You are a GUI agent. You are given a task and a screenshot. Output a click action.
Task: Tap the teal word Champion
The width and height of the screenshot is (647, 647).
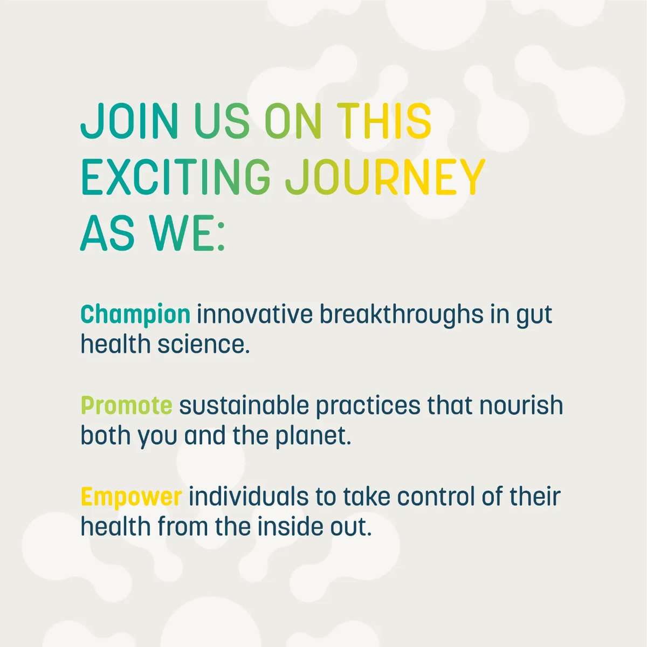(135, 314)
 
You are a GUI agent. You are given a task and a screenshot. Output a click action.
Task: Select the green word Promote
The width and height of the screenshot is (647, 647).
(127, 405)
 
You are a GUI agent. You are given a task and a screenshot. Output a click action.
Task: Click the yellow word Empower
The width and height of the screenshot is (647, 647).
(131, 497)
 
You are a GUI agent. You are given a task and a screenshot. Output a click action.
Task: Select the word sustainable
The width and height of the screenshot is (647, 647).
(244, 405)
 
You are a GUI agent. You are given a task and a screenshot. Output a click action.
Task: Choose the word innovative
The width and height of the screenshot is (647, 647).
(254, 314)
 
